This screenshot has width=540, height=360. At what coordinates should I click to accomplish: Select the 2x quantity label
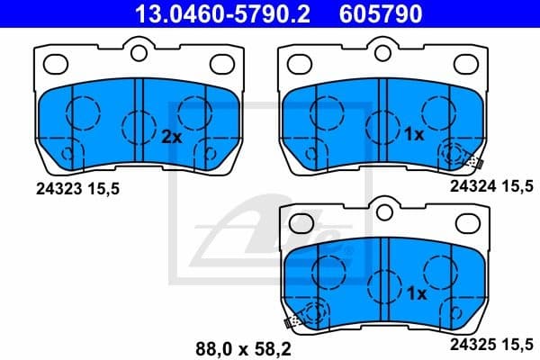pyautogui.click(x=171, y=138)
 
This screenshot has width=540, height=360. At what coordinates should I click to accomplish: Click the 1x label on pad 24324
pyautogui.click(x=414, y=135)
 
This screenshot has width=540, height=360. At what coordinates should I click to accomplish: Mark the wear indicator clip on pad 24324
pyautogui.click(x=474, y=162)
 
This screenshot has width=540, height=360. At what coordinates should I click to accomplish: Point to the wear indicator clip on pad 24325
pyautogui.click(x=292, y=320)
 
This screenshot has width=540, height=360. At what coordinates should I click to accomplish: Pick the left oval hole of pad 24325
pyautogui.click(x=301, y=222)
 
